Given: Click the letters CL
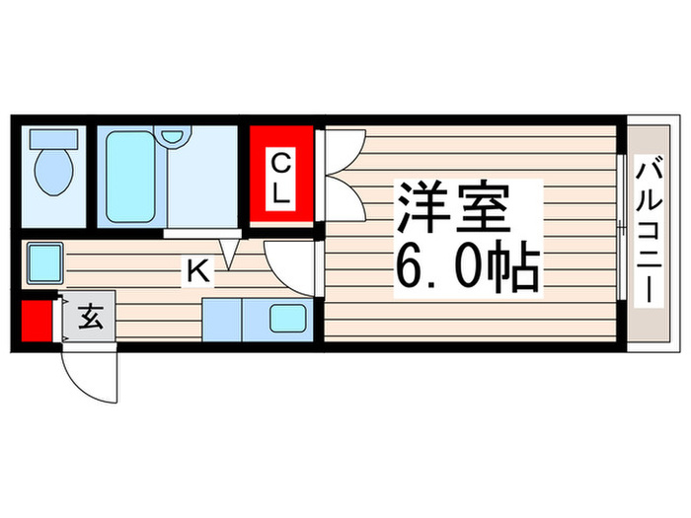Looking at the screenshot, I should (281, 177).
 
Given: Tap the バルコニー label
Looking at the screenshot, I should (648, 231).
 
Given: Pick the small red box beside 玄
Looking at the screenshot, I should (38, 320).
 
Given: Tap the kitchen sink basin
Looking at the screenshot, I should (289, 320).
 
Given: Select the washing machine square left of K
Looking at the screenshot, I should (44, 262).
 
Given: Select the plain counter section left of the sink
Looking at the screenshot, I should (221, 320).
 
